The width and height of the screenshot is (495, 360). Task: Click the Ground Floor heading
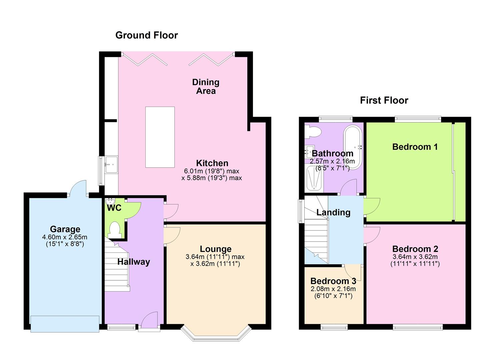147,35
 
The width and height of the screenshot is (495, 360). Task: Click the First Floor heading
384,100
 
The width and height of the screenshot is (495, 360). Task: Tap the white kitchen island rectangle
160,137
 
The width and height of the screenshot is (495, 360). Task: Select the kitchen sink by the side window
112,164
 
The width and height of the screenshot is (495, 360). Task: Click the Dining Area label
206,86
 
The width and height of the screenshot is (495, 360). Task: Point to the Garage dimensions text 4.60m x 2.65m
65,237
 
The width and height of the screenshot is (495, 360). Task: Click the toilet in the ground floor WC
115,230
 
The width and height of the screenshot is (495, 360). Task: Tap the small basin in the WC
110,202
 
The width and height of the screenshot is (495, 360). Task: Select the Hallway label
134,262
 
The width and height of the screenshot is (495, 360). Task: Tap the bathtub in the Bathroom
353,147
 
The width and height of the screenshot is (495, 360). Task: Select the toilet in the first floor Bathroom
312,132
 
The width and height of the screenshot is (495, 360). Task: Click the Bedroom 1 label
415,147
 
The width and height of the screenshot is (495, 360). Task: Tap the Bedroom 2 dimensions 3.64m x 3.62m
415,257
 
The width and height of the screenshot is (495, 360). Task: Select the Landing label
333,213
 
